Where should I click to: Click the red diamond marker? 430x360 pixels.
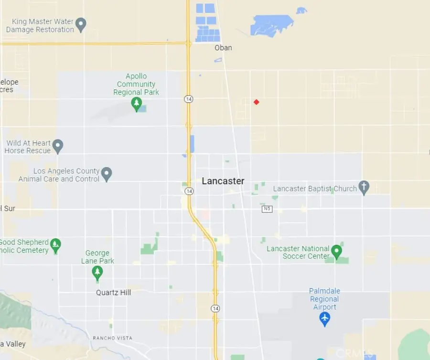click(257, 102)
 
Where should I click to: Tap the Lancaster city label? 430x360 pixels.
click(223, 181)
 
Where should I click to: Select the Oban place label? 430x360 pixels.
click(223, 48)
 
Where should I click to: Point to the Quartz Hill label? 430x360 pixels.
click(113, 292)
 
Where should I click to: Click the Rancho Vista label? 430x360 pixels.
click(112, 338)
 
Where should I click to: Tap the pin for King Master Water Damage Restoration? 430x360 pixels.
click(81, 24)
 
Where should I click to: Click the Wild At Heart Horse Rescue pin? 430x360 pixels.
click(58, 146)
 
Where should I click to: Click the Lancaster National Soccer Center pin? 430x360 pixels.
click(337, 251)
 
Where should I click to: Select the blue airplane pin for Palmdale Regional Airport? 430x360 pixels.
click(325, 318)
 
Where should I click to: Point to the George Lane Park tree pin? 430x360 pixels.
click(97, 273)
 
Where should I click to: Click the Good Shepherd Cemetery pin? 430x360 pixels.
click(56, 245)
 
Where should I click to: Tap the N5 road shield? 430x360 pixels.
click(267, 209)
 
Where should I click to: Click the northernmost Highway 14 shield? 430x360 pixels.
click(189, 99)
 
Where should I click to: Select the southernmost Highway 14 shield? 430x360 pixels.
click(215, 309)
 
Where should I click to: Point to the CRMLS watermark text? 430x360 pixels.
click(354, 353)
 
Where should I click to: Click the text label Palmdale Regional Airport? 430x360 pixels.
click(325, 299)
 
